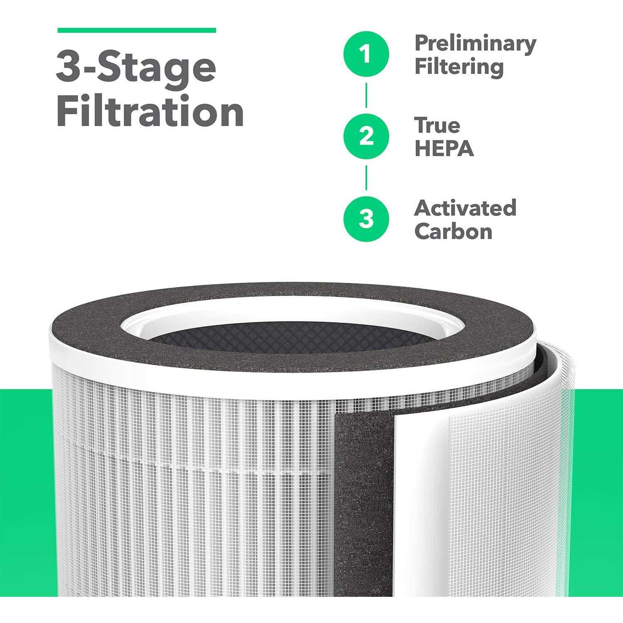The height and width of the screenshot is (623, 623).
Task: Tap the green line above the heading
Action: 137,30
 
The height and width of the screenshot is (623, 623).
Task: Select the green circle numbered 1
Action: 366,54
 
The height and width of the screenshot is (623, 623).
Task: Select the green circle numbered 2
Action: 366,136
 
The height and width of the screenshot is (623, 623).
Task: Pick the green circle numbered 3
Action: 366,218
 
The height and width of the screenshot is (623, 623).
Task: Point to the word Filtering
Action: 459,66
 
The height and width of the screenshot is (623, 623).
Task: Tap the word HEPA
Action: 444,148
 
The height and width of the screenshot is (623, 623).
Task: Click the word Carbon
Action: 453,231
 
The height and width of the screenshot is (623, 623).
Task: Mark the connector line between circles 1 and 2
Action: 366,95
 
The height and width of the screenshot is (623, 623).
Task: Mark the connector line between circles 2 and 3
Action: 366,177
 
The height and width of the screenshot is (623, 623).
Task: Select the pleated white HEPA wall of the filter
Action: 187,498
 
